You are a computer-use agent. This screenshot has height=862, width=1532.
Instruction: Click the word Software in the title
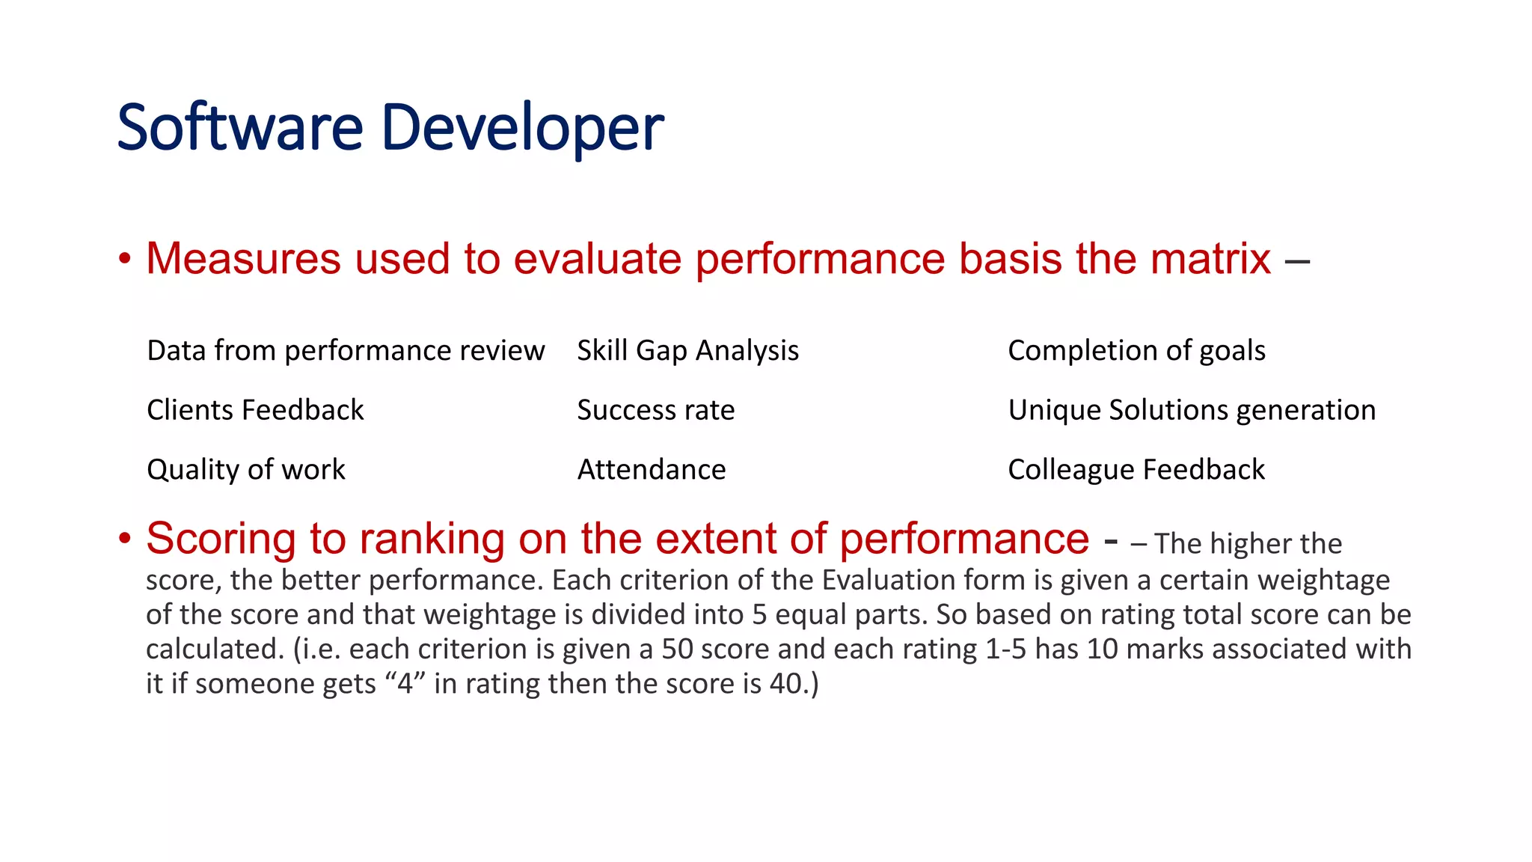(239, 127)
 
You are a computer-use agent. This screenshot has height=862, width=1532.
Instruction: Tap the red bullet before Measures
(125, 260)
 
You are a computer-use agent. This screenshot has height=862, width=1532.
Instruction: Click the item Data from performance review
(346, 350)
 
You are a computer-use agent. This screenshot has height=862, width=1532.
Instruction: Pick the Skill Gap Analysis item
(687, 350)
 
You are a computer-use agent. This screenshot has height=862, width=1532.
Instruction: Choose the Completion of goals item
(1136, 350)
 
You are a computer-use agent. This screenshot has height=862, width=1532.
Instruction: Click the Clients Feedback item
(255, 410)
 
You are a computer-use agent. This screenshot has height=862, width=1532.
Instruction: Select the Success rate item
(655, 410)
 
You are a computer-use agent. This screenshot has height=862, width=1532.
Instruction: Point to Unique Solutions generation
(1192, 410)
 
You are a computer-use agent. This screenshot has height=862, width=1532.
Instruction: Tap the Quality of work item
(246, 470)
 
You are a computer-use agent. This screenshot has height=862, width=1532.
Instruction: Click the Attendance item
(651, 470)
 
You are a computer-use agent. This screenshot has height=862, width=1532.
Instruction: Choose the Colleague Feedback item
(1136, 470)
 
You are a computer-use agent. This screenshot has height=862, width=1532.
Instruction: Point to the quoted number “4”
(405, 684)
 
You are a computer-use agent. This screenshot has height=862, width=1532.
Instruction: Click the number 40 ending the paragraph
(785, 684)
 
